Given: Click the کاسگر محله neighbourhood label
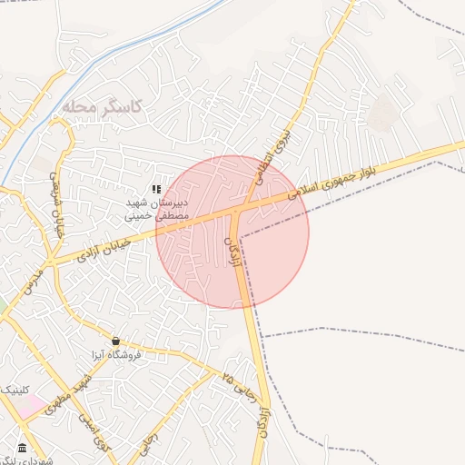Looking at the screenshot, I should pyautogui.click(x=104, y=107).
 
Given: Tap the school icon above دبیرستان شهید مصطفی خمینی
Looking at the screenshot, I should pyautogui.click(x=156, y=189).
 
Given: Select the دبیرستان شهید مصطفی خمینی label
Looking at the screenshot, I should pyautogui.click(x=156, y=210).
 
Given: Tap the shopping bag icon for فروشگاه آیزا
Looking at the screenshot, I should pyautogui.click(x=115, y=341).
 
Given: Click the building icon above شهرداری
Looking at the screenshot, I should pyautogui.click(x=22, y=449).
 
